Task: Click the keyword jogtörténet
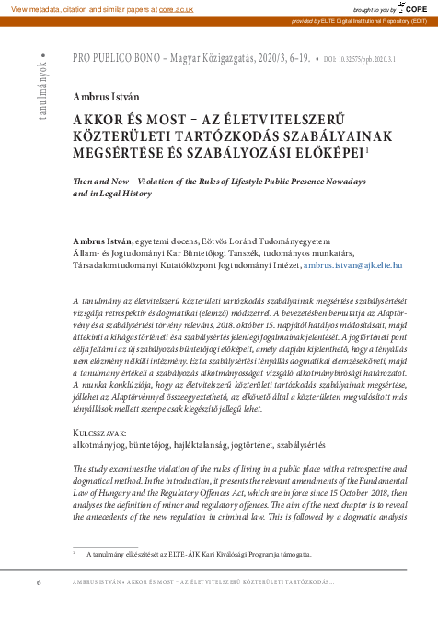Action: point(271,444)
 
